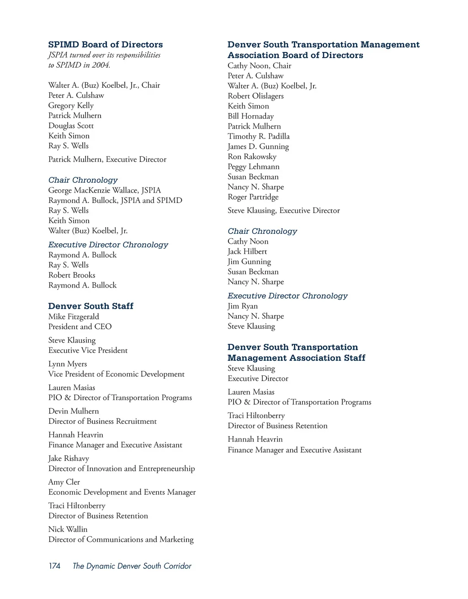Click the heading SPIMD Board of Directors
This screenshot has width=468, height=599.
point(106,44)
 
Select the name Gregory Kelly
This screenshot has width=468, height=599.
point(71,106)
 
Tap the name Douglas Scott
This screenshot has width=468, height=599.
point(71,126)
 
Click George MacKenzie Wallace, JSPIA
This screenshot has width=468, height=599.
point(105,190)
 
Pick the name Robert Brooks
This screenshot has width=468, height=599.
point(72,275)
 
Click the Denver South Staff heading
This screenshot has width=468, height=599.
point(91,306)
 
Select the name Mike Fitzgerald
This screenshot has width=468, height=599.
point(74,316)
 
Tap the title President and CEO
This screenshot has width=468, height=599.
point(80,326)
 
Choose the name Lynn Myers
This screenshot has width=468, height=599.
point(68,364)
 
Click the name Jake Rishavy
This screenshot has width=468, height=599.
point(69,459)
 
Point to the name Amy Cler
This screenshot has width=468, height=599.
point(64,482)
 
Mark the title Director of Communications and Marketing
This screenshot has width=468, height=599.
point(121,540)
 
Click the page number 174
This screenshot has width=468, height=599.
point(54,566)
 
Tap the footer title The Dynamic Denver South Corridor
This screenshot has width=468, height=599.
point(132,566)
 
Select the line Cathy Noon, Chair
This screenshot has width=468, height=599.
point(260,66)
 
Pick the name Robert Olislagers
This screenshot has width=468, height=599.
point(255,96)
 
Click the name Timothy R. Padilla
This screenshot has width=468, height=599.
point(259,136)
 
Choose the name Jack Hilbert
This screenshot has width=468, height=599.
point(247,251)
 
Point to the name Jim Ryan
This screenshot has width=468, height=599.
point(243,306)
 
